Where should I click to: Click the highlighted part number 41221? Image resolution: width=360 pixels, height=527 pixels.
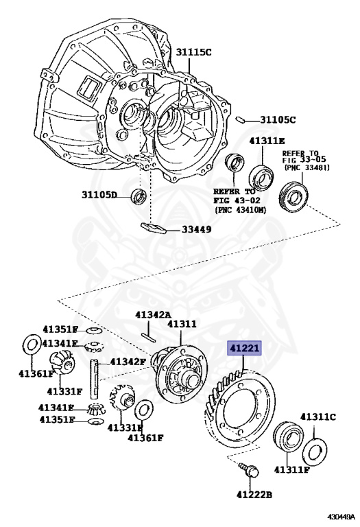244,349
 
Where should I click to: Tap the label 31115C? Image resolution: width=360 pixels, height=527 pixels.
194,52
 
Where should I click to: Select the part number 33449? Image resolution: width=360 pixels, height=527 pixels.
197,230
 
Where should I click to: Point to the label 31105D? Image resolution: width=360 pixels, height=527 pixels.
99,195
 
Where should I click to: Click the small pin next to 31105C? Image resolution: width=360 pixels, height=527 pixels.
241,119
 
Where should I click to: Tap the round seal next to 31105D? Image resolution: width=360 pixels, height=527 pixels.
139,196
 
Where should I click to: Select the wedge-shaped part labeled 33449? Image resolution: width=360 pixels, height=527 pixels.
154,228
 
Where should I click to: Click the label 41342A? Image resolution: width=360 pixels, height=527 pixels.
153,315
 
